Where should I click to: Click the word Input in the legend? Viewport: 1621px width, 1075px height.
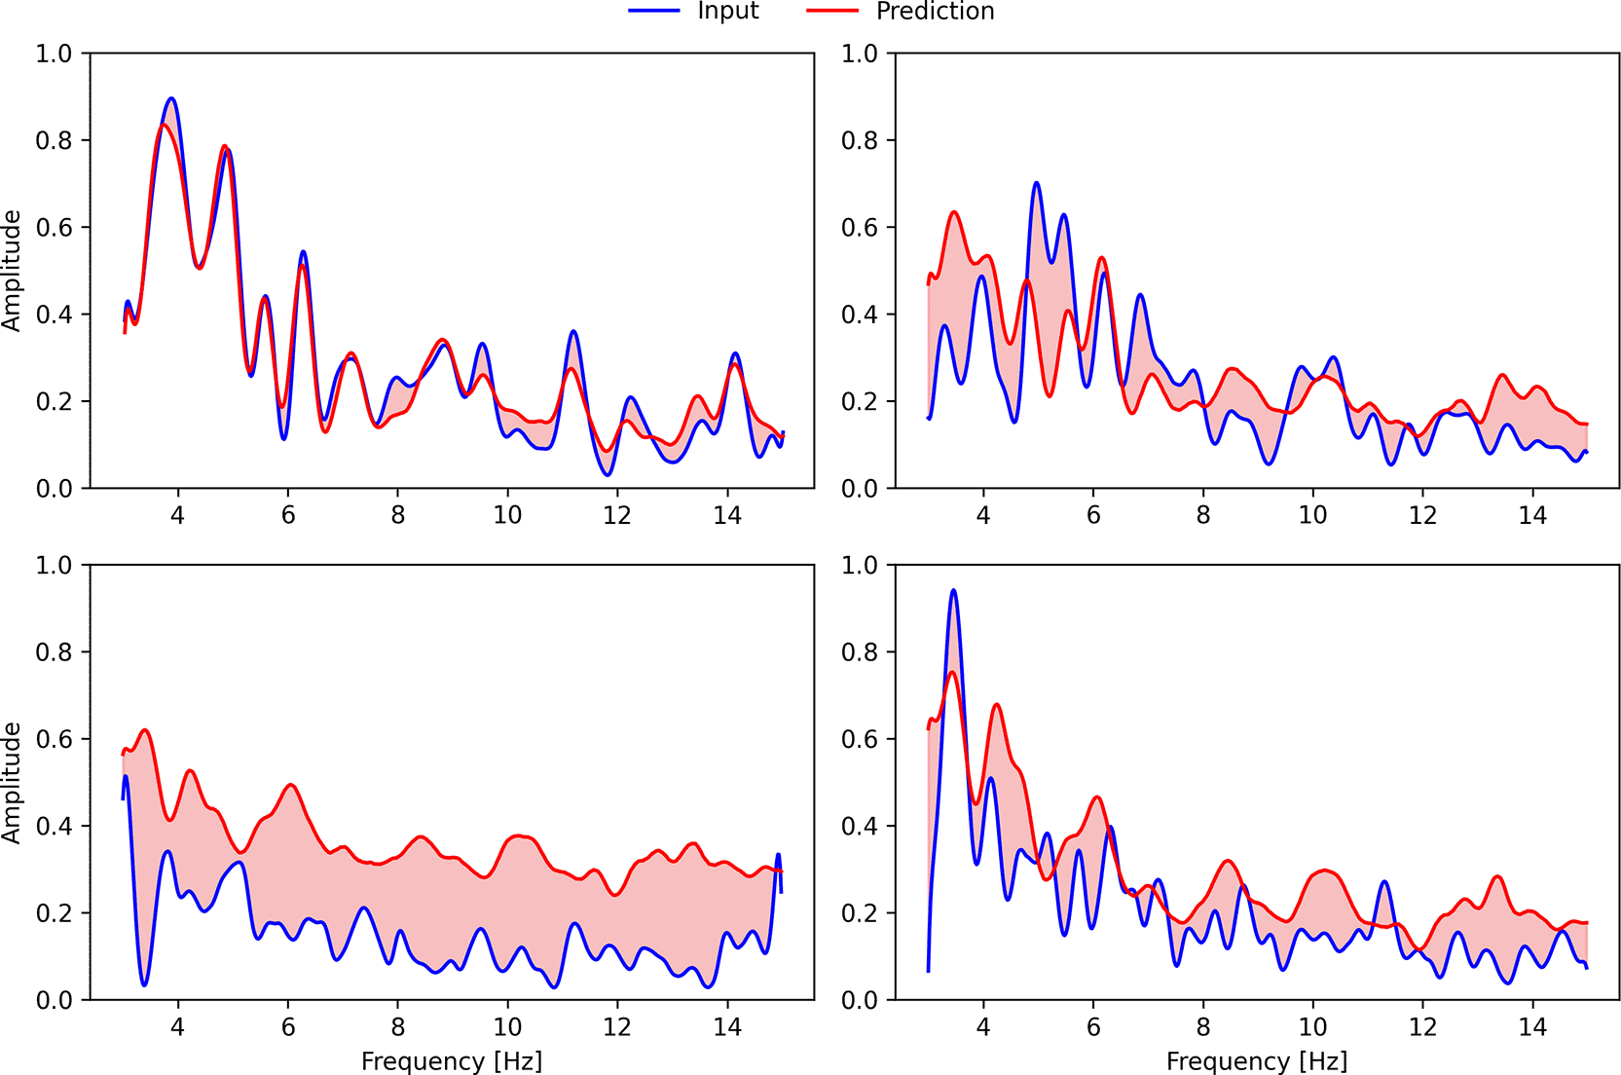728,11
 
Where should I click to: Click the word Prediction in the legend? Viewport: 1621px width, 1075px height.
935,11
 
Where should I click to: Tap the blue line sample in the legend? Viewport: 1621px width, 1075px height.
654,11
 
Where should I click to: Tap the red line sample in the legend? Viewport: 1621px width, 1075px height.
832,11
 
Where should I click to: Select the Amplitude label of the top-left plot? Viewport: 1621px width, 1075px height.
12,271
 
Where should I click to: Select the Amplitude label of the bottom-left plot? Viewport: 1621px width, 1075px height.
12,783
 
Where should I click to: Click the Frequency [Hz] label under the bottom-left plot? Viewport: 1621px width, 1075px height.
452,1061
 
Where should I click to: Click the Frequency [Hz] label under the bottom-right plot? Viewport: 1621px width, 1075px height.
1257,1061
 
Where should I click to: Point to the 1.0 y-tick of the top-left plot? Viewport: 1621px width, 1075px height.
54,53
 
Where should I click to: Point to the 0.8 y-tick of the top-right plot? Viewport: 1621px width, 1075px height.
859,140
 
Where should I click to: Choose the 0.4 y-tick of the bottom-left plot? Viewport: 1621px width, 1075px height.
54,826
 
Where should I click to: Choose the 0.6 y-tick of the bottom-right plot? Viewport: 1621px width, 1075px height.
859,739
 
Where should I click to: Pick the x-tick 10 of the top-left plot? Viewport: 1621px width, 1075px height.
507,515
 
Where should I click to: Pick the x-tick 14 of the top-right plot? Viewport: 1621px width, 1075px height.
1532,515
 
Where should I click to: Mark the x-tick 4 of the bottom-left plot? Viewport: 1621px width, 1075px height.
178,1026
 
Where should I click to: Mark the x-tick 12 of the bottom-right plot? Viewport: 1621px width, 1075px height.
1422,1026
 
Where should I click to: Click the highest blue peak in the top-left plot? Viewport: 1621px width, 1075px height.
171,97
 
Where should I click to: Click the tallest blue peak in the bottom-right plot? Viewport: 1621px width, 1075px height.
954,590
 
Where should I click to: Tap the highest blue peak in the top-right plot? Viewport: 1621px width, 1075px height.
1036,182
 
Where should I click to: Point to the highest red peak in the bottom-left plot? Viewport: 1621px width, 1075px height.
145,729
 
